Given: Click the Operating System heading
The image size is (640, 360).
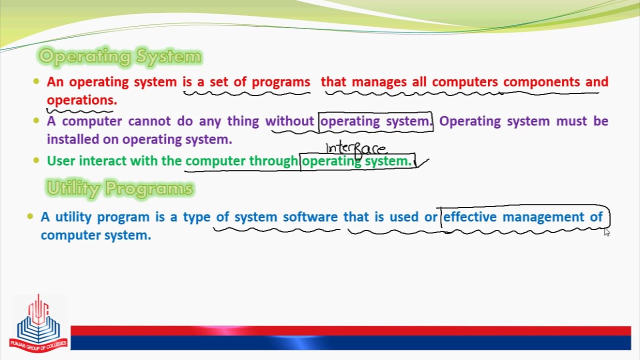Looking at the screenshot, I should [x=120, y=56].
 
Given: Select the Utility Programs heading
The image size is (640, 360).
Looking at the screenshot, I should [x=119, y=188].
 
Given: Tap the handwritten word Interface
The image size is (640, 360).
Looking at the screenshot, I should [x=356, y=148].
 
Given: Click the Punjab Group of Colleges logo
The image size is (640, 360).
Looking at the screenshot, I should [x=38, y=322].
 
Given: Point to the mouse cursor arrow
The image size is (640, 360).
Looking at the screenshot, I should [x=606, y=231].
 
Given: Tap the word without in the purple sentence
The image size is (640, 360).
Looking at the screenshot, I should [x=289, y=121].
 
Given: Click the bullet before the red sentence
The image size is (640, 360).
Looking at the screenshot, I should [x=36, y=81].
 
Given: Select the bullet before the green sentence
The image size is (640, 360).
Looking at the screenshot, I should [x=36, y=160].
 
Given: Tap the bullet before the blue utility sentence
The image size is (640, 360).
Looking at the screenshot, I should [x=30, y=216].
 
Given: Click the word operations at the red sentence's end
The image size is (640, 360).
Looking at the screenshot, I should [x=81, y=100].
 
